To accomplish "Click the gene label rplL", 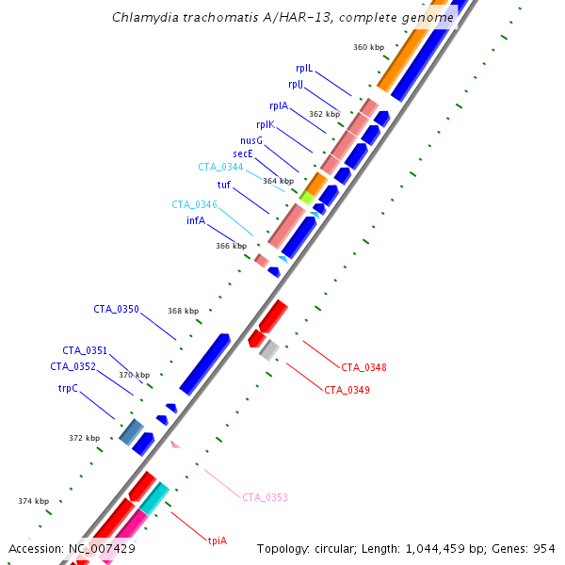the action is click(x=303, y=68).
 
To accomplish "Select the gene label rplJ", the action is click(x=296, y=84).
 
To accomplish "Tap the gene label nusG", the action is click(x=250, y=140).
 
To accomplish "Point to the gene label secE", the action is click(x=243, y=153).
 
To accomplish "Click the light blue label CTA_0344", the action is click(x=220, y=167).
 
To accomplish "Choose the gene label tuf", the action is click(x=223, y=185).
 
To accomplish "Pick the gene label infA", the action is click(x=196, y=220).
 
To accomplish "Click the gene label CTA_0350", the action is click(x=116, y=309).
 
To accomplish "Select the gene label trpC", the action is click(x=67, y=387).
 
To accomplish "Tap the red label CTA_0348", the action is click(x=363, y=367).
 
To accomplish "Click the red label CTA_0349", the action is click(x=347, y=389).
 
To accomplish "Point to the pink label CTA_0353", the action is click(x=265, y=497).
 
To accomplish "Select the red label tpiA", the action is click(x=218, y=541).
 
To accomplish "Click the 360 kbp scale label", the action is click(x=368, y=46).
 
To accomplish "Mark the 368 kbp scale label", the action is click(x=184, y=311).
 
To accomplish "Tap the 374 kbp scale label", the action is click(x=33, y=501).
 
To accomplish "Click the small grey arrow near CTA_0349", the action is click(x=268, y=350).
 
